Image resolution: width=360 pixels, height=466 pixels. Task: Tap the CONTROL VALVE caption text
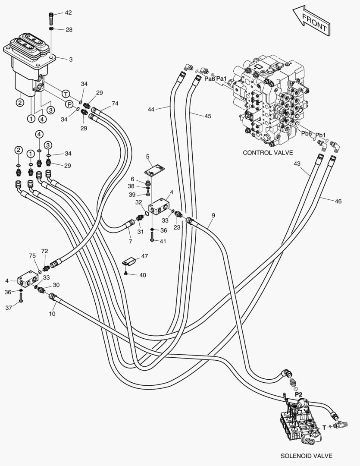point(268,152)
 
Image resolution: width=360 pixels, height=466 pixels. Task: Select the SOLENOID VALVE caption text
point(307,456)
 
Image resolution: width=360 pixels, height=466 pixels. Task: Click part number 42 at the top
point(69,13)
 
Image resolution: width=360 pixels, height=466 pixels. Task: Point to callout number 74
point(115,104)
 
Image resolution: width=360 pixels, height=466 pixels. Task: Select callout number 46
point(338,201)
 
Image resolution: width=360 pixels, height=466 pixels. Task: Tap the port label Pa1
point(222,79)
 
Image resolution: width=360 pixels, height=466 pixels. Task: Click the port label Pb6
point(307,134)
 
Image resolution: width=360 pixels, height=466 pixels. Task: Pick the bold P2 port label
point(298,394)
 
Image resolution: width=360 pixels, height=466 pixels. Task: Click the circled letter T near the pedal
point(66,94)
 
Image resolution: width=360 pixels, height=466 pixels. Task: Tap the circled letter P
point(69,104)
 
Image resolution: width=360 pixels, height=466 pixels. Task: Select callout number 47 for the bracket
point(144,256)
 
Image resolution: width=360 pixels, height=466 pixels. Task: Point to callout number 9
point(213,215)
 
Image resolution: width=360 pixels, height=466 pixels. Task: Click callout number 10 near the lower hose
point(52,314)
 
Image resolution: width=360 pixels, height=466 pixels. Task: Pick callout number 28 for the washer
point(69,30)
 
